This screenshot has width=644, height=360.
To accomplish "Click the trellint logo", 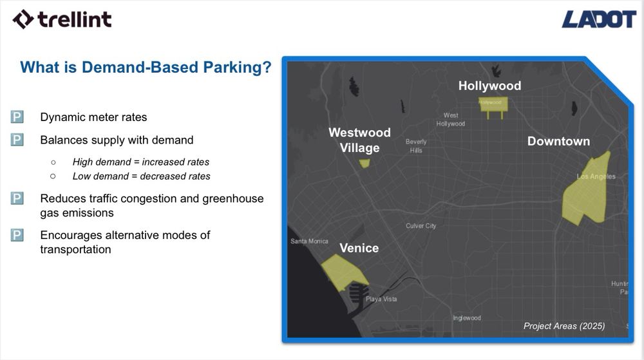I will tap(62, 19).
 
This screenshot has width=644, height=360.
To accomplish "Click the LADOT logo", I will tap(598, 19).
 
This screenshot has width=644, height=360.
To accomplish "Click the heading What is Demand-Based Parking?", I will tap(146, 67).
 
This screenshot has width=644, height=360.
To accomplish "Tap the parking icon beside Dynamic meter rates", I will tap(17, 117).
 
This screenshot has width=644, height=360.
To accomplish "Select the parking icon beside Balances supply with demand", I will tap(17, 140).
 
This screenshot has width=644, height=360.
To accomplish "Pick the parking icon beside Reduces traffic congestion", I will tap(17, 199).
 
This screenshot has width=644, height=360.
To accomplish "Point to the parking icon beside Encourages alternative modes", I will tap(17, 235).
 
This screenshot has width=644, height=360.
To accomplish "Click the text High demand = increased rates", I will tap(140, 162).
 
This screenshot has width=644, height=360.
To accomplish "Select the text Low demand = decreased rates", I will tap(141, 176).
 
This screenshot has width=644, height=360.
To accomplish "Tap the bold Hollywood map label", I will tap(489, 86).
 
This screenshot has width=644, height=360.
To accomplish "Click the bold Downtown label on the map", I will tap(558, 141).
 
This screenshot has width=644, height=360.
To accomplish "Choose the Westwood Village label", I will tap(359, 140).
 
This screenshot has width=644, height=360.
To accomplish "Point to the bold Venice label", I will tap(359, 248).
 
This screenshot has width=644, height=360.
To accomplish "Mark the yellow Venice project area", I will tap(341, 270).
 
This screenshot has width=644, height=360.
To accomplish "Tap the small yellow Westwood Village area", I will tap(365, 164).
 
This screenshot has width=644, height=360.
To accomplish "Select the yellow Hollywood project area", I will tap(494, 104).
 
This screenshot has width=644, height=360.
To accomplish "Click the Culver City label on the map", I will tap(421, 226).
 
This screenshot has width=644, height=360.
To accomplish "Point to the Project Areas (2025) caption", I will tap(563, 326).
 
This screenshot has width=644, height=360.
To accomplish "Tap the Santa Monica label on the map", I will tap(309, 242).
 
